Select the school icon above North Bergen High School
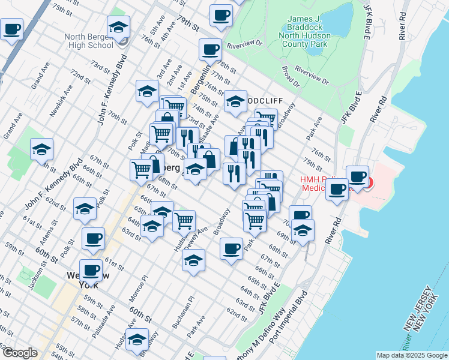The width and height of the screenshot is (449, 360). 118,27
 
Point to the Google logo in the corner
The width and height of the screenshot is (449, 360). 19,353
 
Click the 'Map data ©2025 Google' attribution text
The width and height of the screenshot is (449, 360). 412,355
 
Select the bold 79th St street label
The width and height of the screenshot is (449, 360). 187,23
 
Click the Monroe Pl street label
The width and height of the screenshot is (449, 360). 140,290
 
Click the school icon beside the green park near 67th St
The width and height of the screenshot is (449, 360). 41,149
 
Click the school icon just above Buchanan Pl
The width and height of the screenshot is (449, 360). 193,260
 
